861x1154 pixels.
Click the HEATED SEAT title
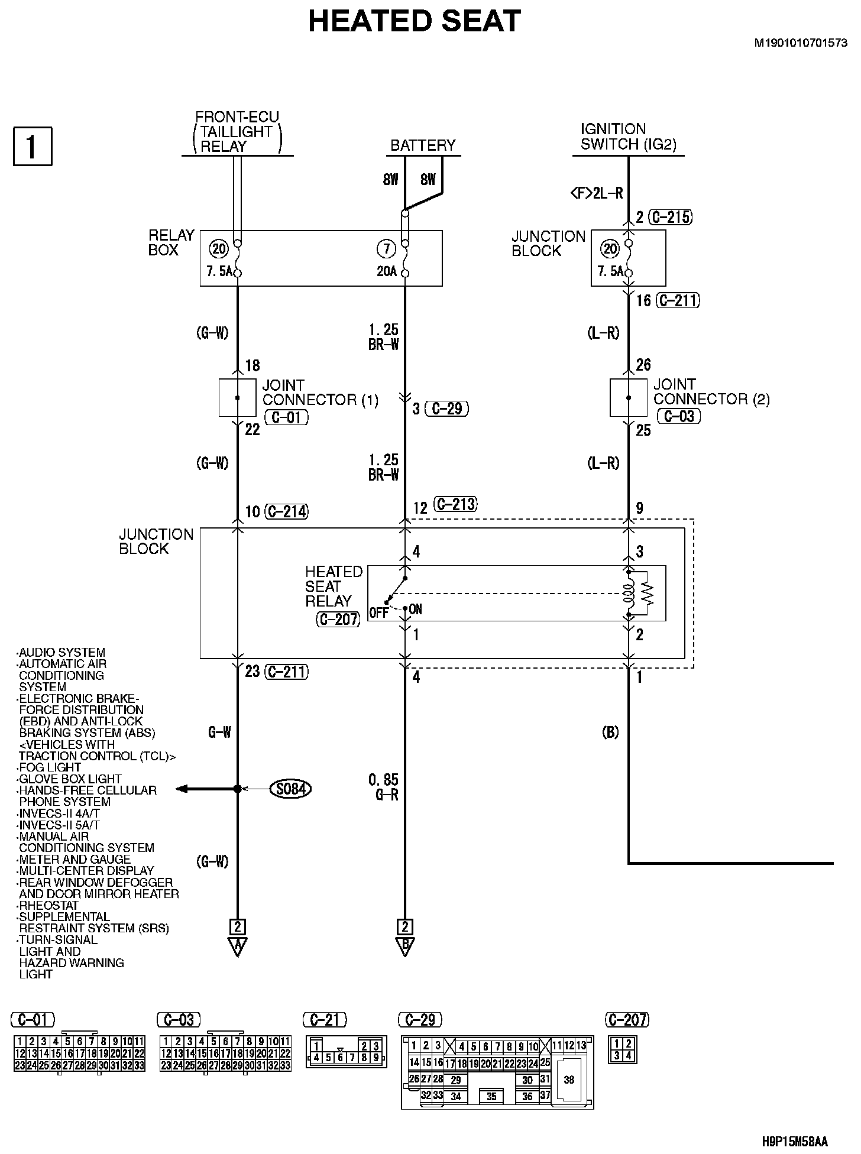click(414, 22)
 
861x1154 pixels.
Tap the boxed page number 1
click(33, 146)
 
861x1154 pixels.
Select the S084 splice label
click(290, 789)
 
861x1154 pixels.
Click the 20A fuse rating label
click(387, 273)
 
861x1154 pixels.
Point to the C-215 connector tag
click(670, 217)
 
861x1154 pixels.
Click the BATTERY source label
click(423, 145)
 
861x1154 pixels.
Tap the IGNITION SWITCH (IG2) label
click(628, 137)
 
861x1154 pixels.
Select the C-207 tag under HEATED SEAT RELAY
click(338, 619)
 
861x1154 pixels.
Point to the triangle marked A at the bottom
click(237, 946)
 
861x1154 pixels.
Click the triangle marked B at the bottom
click(405, 946)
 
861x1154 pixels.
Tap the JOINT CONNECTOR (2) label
click(711, 392)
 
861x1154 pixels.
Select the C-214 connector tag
click(287, 511)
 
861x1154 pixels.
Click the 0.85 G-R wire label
click(384, 787)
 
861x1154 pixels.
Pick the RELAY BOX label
click(171, 242)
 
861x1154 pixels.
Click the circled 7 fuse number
click(386, 249)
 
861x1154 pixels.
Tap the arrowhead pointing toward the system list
click(182, 789)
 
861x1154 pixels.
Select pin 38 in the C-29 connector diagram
click(569, 1080)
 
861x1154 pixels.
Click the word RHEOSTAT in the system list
click(48, 905)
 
